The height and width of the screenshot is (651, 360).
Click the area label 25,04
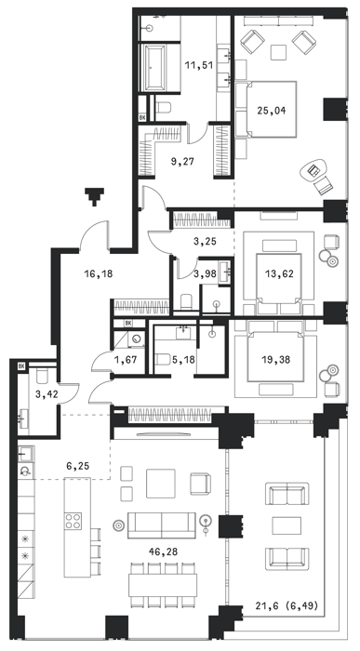271,111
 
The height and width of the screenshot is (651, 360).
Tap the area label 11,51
198,65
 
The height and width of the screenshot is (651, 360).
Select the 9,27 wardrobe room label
182,162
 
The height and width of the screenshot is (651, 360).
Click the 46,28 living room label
162,551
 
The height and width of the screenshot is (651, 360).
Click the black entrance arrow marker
95,197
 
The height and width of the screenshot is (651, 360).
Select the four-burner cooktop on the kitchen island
73,521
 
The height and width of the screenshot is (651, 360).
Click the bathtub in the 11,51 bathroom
154,67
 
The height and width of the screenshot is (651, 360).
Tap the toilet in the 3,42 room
43,376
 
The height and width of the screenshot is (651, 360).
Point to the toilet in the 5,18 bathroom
163,359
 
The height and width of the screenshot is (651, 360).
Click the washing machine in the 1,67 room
136,339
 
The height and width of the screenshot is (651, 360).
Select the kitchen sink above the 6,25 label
26,454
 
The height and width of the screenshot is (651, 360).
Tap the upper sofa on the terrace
287,494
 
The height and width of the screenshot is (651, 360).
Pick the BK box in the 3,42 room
21,366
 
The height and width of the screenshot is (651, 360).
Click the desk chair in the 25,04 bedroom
323,185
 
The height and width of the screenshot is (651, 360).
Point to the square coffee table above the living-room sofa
160,484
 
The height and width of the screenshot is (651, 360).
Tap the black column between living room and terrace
231,526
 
